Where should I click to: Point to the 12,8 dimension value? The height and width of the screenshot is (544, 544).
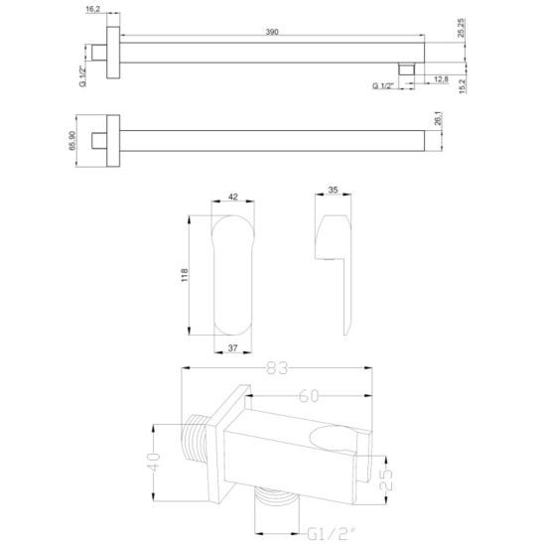[440, 78]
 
